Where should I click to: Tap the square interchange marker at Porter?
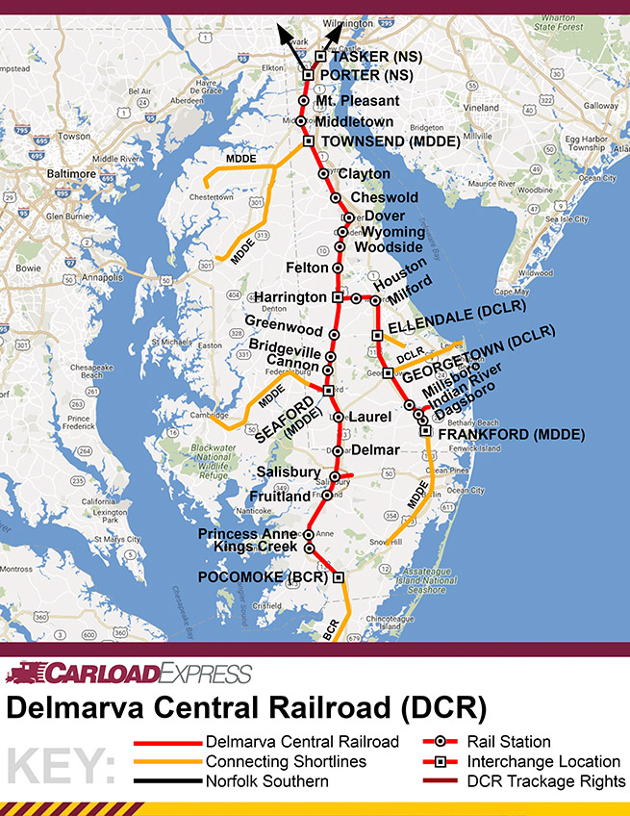pyautogui.click(x=309, y=74)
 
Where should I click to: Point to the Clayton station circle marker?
pyautogui.click(x=324, y=174)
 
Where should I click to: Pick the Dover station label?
pyautogui.click(x=385, y=216)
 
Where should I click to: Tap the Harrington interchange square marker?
pyautogui.click(x=337, y=297)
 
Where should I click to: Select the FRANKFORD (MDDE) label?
pyautogui.click(x=511, y=435)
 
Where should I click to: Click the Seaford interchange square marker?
pyautogui.click(x=328, y=390)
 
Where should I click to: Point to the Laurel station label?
pyautogui.click(x=369, y=418)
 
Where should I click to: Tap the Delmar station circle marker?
pyautogui.click(x=338, y=450)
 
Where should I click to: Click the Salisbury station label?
pyautogui.click(x=289, y=472)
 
